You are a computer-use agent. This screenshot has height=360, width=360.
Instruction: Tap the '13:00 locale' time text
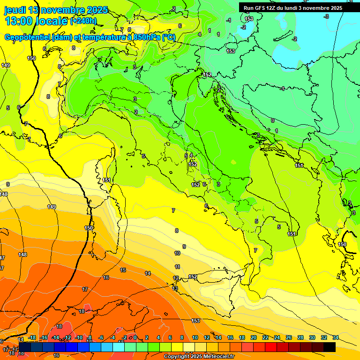tap(36, 21)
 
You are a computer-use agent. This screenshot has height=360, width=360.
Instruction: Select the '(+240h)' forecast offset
tap(83, 21)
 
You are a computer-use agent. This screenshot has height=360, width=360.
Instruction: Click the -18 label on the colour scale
tap(32, 337)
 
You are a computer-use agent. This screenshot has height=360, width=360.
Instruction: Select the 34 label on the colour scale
tap(335, 337)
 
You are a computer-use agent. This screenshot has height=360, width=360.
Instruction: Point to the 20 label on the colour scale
tap(254, 337)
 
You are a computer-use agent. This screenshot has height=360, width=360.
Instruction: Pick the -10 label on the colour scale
tap(78, 337)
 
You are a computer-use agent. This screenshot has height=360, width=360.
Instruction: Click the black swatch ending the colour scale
tap(329, 347)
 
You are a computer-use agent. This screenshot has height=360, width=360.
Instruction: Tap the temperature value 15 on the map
tap(123, 270)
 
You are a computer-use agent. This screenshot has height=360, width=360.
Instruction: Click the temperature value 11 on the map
tap(177, 267)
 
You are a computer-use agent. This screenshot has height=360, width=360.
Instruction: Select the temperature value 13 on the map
tap(175, 288)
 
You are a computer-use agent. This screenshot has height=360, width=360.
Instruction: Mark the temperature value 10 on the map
tap(177, 253)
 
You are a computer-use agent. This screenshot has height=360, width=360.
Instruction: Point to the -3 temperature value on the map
tap(327, 16)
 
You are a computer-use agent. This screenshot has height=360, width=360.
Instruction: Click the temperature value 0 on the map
tap(272, 120)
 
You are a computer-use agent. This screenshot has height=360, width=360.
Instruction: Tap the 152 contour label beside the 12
tap(192, 277)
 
